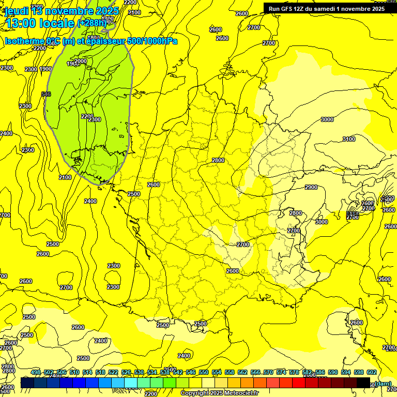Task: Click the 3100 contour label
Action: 349,139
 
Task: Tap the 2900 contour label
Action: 311,187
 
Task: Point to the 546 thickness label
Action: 45,94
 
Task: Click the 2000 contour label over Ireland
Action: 80,61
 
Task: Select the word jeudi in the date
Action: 16,11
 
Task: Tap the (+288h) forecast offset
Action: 91,23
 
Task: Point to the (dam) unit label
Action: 382,383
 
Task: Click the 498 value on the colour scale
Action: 36,372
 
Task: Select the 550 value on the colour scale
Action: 204,372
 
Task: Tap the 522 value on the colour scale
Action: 113,372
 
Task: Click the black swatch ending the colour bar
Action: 363,383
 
